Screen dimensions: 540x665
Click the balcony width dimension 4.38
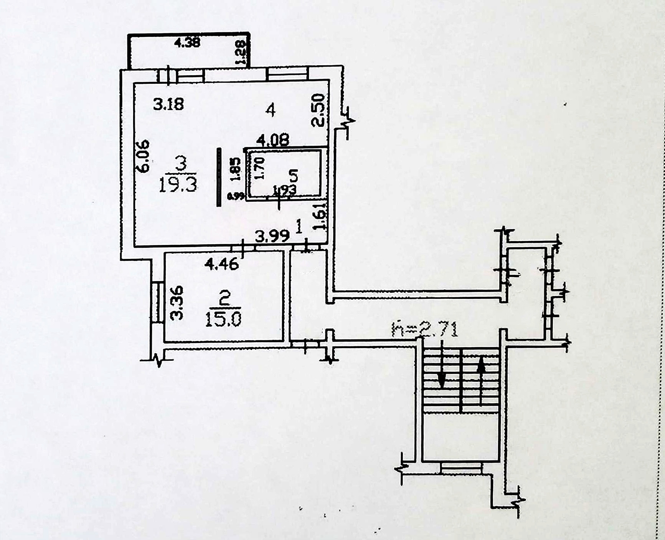pyautogui.click(x=187, y=42)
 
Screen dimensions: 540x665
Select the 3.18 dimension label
pyautogui.click(x=168, y=104)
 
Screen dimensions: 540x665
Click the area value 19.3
pyautogui.click(x=178, y=185)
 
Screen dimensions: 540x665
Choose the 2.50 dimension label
pyautogui.click(x=319, y=110)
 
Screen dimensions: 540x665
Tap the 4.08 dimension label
pyautogui.click(x=273, y=140)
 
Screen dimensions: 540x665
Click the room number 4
pyautogui.click(x=271, y=111)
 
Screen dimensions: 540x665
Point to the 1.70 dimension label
pyautogui.click(x=260, y=169)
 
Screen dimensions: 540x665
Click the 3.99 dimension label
pyautogui.click(x=272, y=236)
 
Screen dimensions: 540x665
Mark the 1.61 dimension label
pyautogui.click(x=320, y=217)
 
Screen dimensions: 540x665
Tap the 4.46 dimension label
pyautogui.click(x=222, y=264)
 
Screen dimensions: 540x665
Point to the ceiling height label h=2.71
pyautogui.click(x=425, y=330)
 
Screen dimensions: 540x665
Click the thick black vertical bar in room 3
pyautogui.click(x=219, y=177)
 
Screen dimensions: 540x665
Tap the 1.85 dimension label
pyautogui.click(x=236, y=169)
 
